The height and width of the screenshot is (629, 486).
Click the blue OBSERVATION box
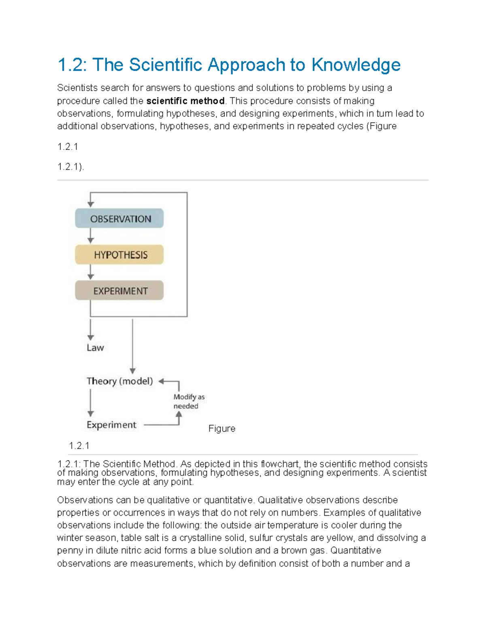(x=119, y=219)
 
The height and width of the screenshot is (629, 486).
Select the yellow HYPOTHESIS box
(x=119, y=255)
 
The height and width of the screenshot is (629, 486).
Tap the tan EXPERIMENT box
(x=119, y=291)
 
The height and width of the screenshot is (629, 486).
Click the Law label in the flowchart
(x=95, y=348)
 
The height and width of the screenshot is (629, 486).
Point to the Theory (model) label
(x=119, y=381)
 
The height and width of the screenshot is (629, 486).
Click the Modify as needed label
(x=189, y=401)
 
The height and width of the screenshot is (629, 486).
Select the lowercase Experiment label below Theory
(x=111, y=425)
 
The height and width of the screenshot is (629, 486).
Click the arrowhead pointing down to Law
(x=91, y=337)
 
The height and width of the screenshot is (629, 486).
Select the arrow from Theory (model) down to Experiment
(x=91, y=403)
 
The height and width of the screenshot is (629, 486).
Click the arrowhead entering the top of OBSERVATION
(x=91, y=204)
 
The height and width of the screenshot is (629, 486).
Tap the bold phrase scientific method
(x=185, y=101)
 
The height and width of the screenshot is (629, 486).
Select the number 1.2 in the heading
(x=72, y=65)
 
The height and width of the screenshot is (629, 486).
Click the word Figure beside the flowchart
(x=222, y=429)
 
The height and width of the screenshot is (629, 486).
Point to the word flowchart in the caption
(x=279, y=464)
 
